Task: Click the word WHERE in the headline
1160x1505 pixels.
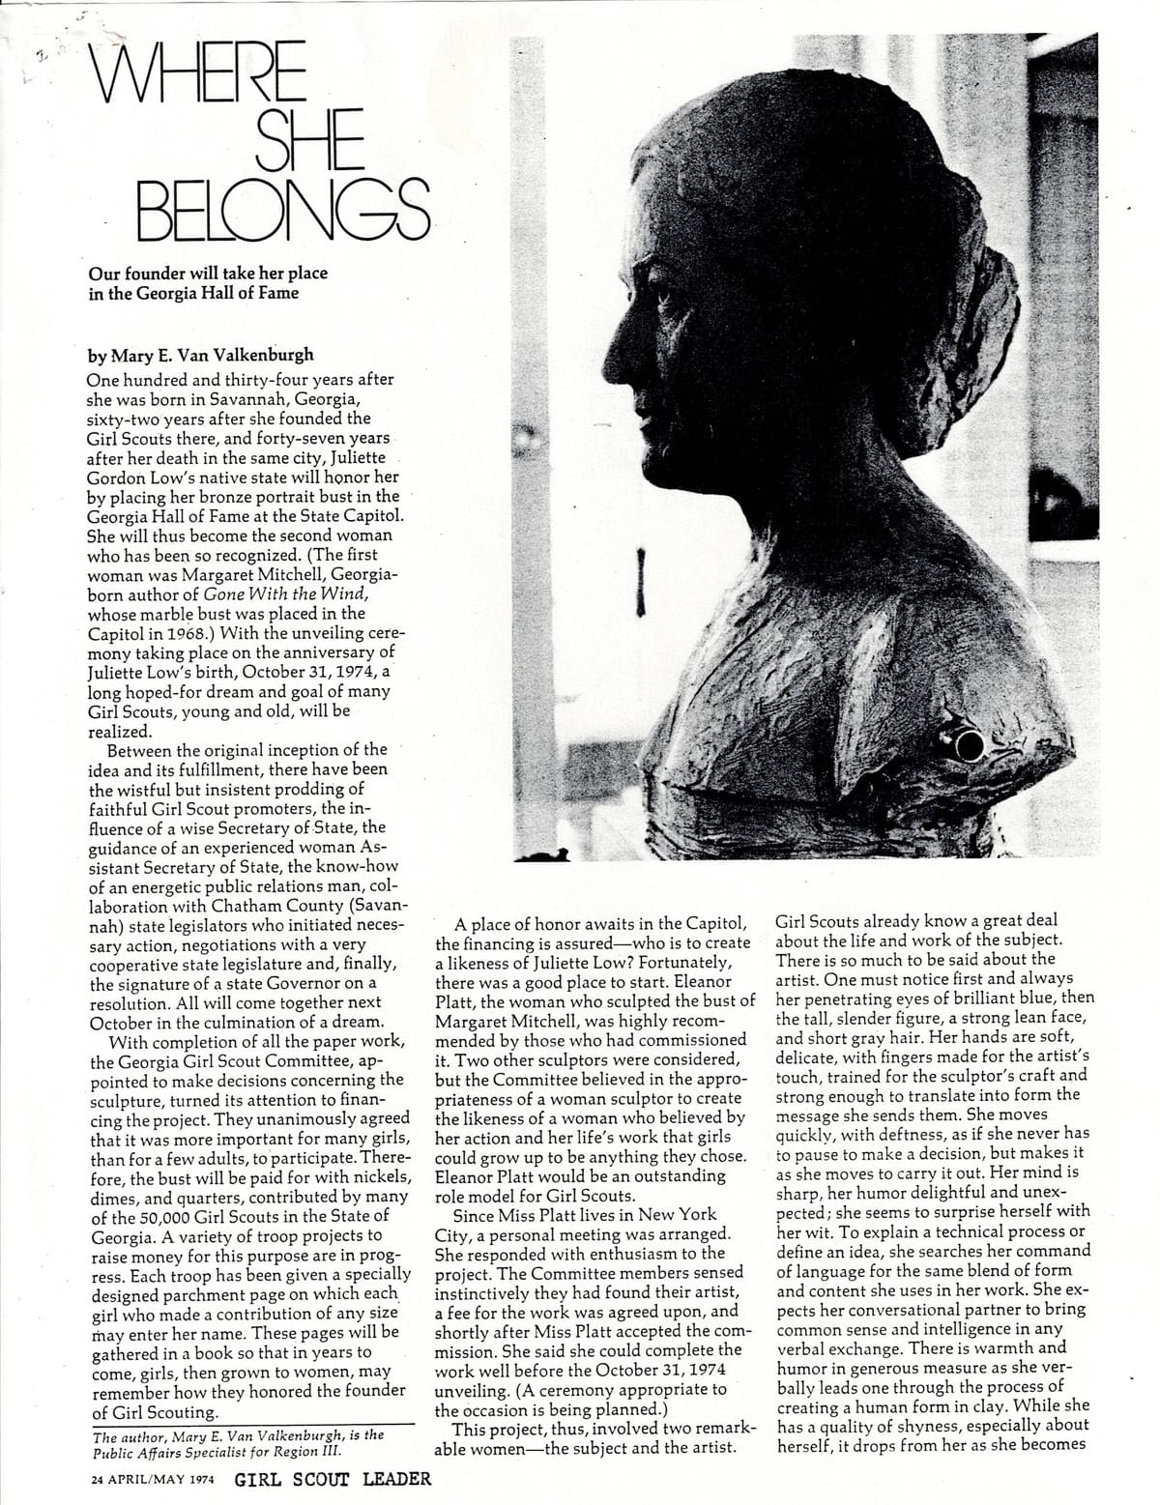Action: pos(198,74)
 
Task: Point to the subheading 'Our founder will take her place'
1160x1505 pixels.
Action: pos(208,274)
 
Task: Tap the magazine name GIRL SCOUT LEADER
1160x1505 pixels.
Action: pos(333,1479)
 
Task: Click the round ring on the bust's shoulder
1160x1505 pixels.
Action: pos(969,744)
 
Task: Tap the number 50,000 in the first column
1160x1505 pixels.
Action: pos(165,1215)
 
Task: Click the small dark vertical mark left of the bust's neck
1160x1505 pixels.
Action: pos(640,582)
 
